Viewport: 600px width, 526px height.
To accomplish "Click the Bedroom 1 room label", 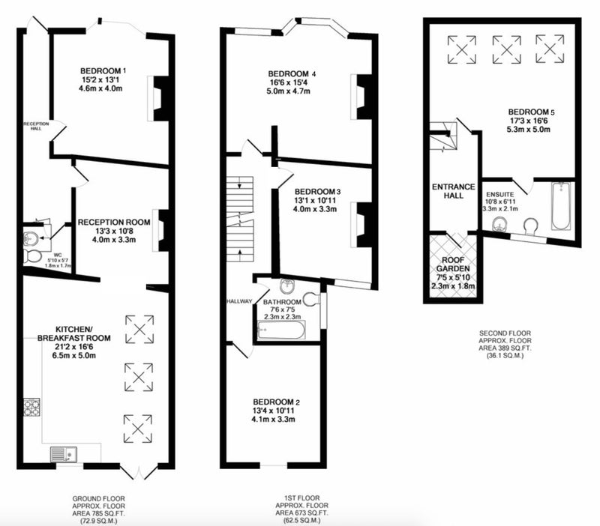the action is [x=103, y=71].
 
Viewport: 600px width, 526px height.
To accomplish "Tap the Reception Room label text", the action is [x=114, y=222].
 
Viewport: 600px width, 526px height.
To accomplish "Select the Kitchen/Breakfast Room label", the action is [x=73, y=333].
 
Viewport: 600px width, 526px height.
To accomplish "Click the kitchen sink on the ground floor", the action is [x=64, y=455].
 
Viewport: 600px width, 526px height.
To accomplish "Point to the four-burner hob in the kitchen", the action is [x=31, y=407].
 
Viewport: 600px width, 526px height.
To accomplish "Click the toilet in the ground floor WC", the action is [x=32, y=256].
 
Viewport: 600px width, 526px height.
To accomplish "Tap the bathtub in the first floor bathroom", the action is [x=281, y=330].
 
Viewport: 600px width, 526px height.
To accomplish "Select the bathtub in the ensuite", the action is [x=561, y=206].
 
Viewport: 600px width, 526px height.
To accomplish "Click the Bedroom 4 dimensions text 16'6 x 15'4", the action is [x=288, y=82].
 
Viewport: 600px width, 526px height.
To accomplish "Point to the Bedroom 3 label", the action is [x=317, y=192].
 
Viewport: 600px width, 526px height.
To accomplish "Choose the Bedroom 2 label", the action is [x=276, y=402].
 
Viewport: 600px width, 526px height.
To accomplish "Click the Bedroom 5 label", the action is [x=531, y=112].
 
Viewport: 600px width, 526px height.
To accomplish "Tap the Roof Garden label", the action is [x=453, y=264].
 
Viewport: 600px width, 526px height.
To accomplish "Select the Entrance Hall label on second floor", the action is [x=454, y=191].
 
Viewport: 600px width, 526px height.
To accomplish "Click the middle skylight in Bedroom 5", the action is [x=506, y=49].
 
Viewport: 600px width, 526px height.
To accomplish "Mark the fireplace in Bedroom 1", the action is [x=157, y=99].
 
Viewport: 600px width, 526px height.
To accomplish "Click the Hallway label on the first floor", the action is [x=239, y=301].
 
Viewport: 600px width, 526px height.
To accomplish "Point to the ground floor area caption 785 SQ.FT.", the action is [x=99, y=513].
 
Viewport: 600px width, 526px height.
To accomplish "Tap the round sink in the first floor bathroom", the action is [x=287, y=285].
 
